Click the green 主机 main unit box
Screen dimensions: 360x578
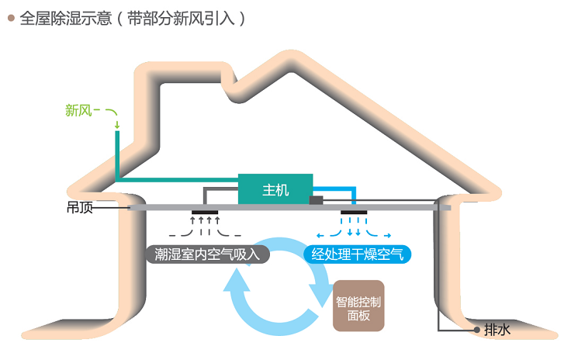[x=275, y=189]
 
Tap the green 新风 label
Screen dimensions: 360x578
[x=78, y=110]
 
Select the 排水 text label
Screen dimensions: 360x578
[x=497, y=330]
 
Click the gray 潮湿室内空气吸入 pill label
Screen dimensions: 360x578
[x=207, y=254]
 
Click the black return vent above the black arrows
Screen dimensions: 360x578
[x=206, y=212]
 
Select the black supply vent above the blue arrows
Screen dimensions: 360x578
[x=355, y=212]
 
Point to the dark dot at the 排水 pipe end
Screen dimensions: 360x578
[x=476, y=330]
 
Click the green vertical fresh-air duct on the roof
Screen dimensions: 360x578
[x=117, y=155]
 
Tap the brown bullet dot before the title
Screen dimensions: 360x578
[x=10, y=19]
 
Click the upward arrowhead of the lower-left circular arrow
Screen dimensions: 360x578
[x=237, y=284]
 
